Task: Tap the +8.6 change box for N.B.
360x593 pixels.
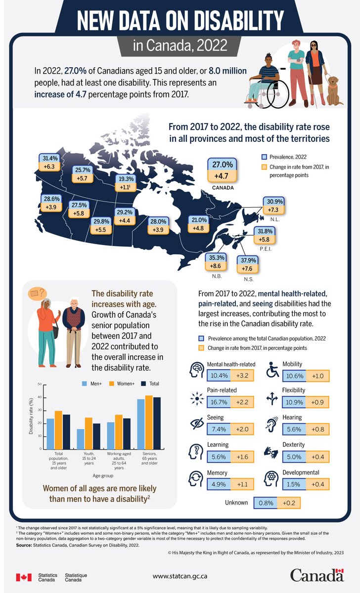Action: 216,266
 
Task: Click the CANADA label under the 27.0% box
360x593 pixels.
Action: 222,188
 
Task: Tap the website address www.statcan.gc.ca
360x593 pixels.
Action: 180,576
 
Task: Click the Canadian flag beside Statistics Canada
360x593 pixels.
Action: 24,577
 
